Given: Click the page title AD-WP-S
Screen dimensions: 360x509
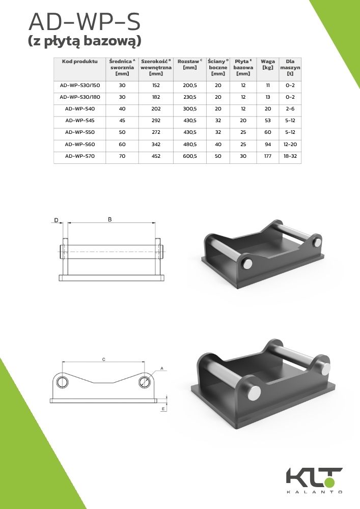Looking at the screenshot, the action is click(85, 22).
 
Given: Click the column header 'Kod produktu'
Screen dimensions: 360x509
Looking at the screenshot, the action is click(80, 62).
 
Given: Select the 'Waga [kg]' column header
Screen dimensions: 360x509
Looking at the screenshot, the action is click(268, 64).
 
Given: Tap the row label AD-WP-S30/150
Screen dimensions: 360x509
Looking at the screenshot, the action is click(80, 86).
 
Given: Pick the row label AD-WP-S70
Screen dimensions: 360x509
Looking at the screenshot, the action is click(80, 156).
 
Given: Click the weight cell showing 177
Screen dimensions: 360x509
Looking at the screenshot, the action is click(268, 156).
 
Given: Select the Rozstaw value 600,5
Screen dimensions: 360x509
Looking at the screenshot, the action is click(190, 156).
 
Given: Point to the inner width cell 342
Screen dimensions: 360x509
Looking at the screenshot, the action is click(156, 145).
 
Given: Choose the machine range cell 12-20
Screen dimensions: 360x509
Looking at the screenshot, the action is click(290, 145).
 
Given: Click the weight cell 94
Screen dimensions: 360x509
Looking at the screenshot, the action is click(268, 145).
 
